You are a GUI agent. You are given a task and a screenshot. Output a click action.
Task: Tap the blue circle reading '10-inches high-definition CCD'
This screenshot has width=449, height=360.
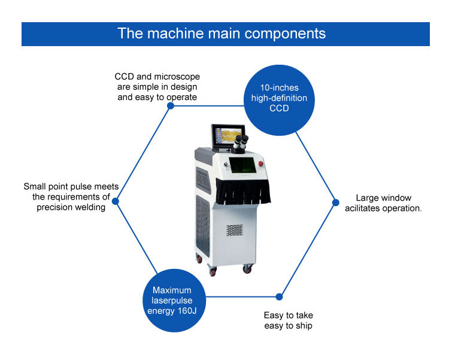pyautogui.click(x=275, y=100)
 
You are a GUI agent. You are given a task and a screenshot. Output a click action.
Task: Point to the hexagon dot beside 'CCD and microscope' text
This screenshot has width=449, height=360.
pyautogui.click(x=171, y=105)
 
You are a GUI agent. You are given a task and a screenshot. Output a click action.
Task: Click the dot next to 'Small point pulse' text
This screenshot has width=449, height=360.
pyautogui.click(x=116, y=202)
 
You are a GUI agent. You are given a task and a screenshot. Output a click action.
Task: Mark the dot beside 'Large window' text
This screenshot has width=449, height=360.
pyautogui.click(x=334, y=202)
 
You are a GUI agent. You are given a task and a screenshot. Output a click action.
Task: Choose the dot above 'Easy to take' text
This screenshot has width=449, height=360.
pyautogui.click(x=278, y=297)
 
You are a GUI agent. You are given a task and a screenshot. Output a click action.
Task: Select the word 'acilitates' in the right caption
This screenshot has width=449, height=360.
pyautogui.click(x=363, y=208)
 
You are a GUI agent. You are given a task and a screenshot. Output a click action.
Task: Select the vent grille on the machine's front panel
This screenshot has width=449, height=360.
pyautogui.click(x=234, y=229)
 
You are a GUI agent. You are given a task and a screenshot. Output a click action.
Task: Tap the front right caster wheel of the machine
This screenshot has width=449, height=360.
pyautogui.click(x=247, y=269)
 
